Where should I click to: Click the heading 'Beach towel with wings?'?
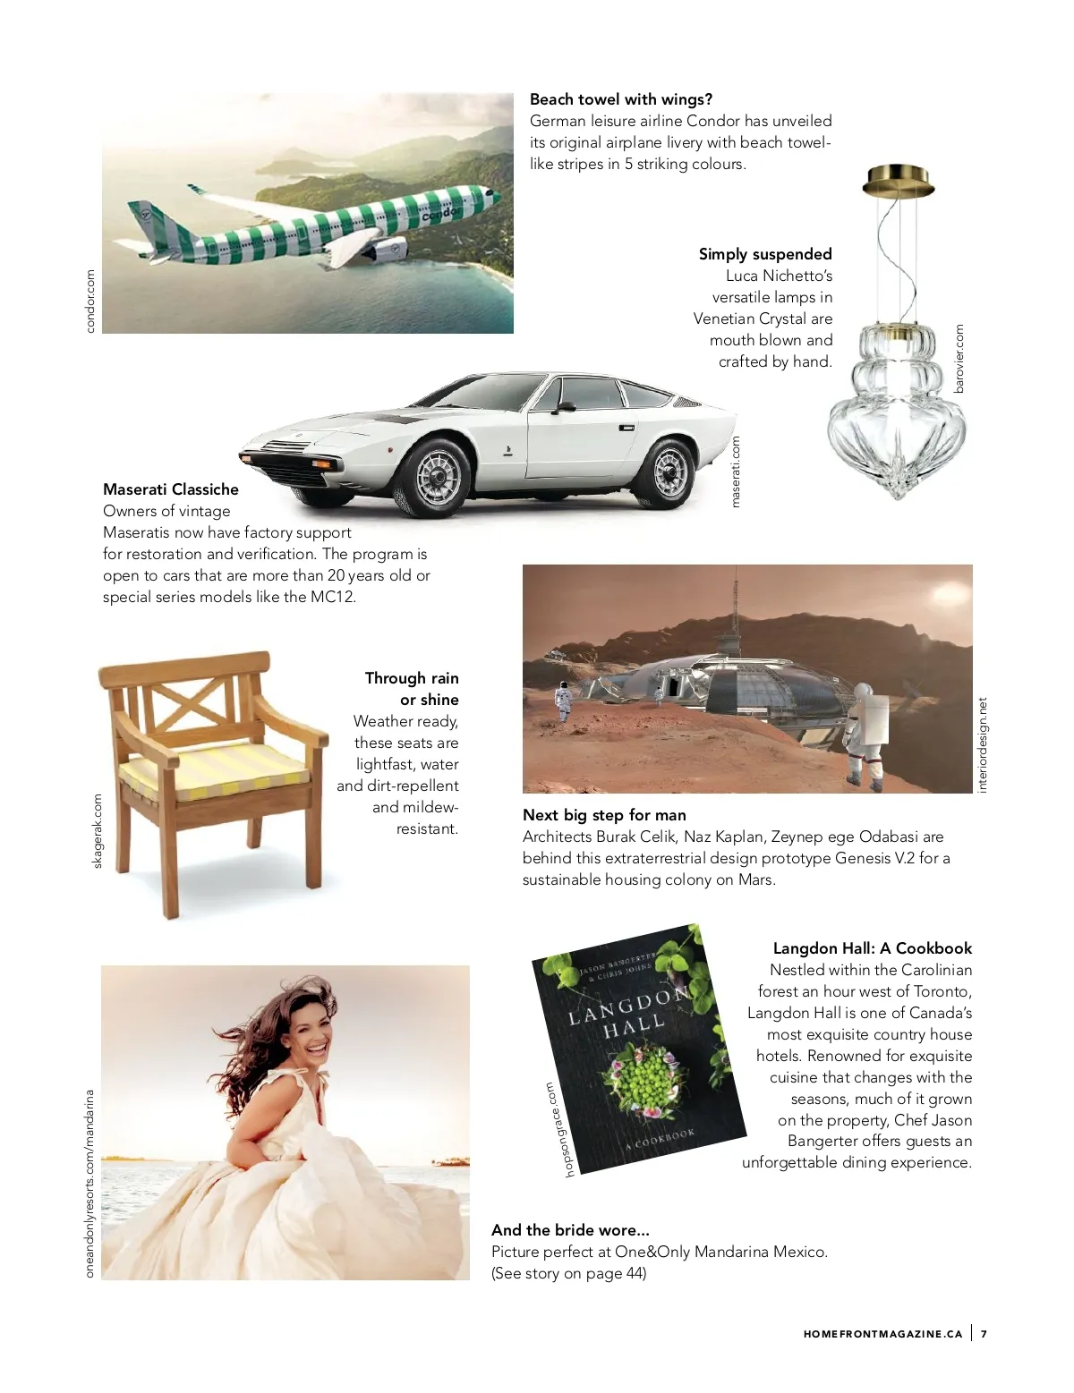621,99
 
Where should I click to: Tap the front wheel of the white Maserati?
438,475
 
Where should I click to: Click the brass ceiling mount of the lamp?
899,181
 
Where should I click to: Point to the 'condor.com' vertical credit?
90,302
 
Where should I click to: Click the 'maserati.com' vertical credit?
736,471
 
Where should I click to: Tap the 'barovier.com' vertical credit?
959,358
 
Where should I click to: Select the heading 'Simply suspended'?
765,254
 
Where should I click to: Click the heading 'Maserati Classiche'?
171,489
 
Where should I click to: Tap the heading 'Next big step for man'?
604,815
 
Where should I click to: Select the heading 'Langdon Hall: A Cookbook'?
872,948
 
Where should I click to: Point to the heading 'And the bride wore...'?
570,1230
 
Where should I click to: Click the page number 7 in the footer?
984,1334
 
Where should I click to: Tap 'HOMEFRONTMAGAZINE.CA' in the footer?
882,1334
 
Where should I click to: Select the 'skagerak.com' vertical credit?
98,831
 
